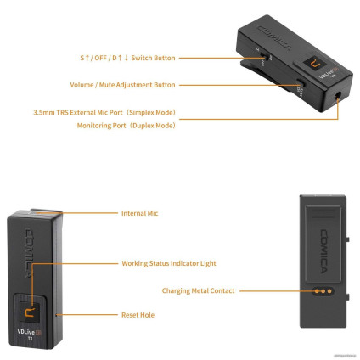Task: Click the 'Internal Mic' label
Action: tap(139, 213)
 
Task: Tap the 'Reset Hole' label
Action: tap(137, 315)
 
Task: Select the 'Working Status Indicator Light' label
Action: tap(168, 263)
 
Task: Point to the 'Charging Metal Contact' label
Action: tap(199, 290)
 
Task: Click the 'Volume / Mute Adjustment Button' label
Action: tap(122, 85)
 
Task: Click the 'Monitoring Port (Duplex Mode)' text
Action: tap(127, 125)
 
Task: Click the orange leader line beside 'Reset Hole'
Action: tap(85, 315)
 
